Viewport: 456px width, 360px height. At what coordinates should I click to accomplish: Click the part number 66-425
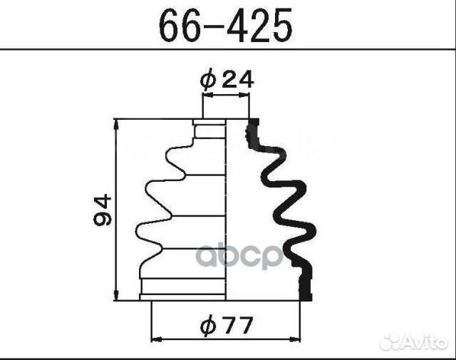(226, 26)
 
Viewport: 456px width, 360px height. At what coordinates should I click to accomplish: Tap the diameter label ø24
(227, 80)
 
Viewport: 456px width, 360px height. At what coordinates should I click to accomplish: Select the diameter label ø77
(226, 326)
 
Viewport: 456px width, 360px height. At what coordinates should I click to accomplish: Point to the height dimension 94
(103, 210)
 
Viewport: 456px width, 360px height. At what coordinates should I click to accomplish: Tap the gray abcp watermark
(239, 256)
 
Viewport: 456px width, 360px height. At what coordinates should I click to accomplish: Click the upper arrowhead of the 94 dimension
(115, 124)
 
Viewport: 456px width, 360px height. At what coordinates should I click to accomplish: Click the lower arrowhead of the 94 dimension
(115, 295)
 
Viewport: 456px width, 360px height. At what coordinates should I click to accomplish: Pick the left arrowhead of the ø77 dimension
(157, 339)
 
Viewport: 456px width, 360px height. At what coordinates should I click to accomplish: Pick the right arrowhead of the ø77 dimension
(294, 339)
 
